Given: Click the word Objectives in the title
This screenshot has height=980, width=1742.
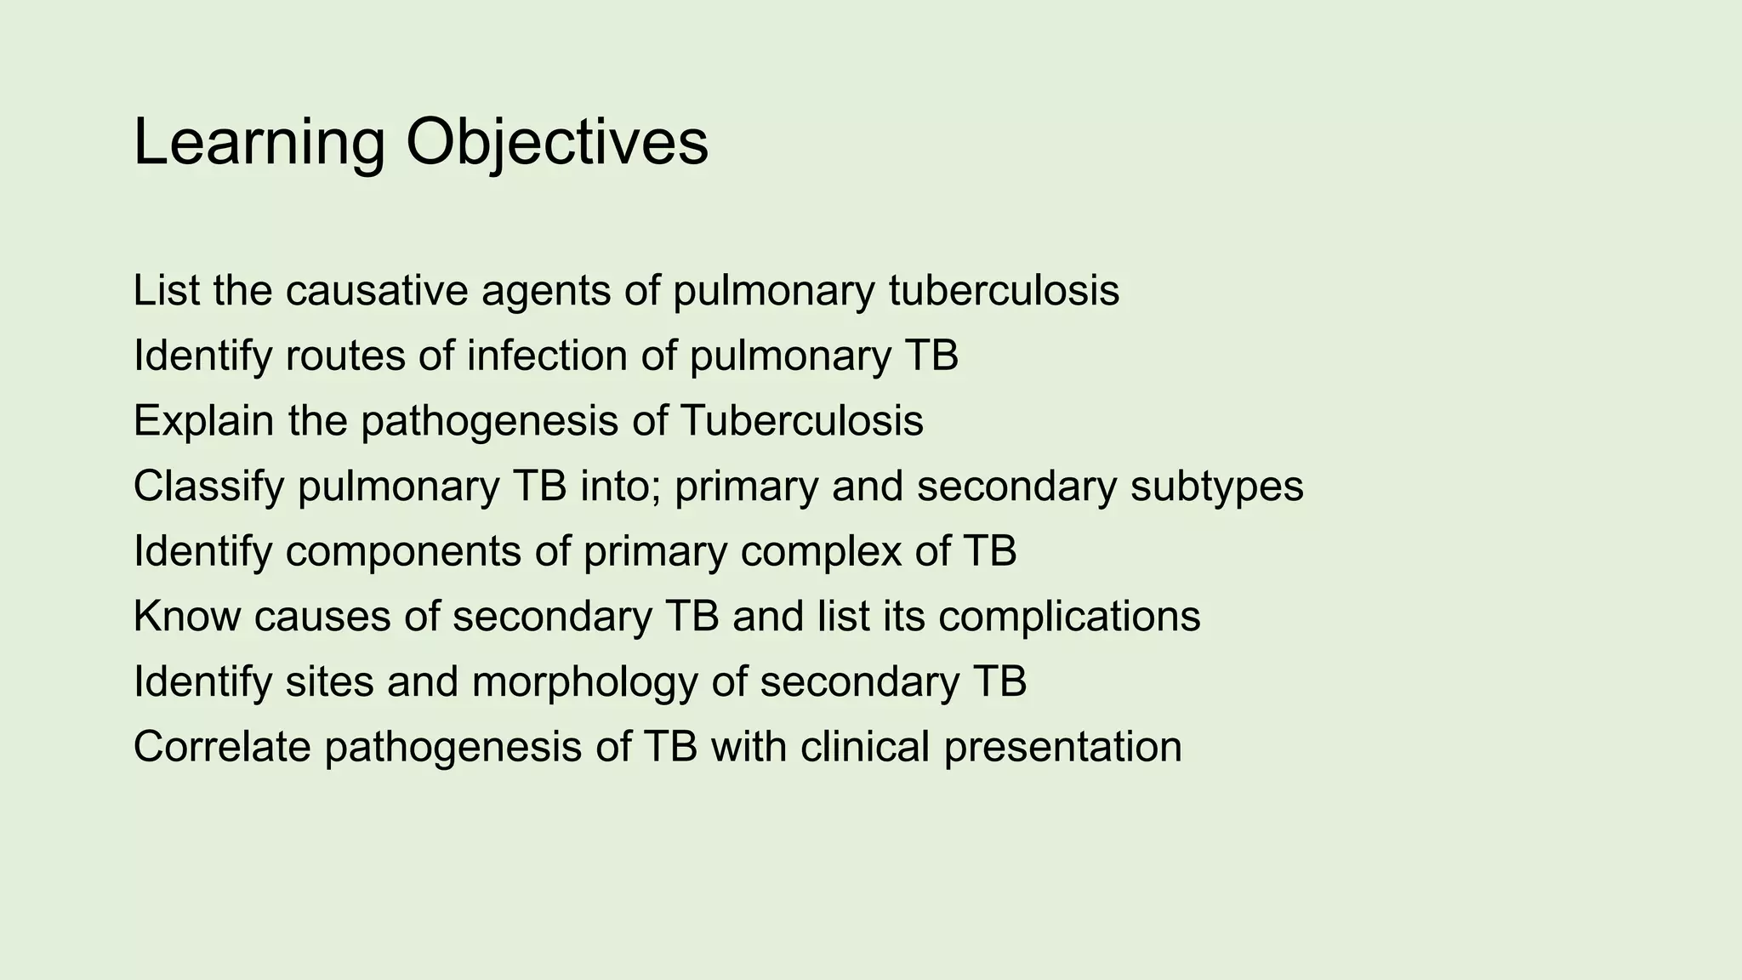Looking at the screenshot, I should pyautogui.click(x=557, y=143).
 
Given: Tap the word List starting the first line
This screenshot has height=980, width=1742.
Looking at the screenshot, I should pyautogui.click(x=166, y=291).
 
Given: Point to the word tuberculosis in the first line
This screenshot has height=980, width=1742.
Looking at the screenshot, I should pyautogui.click(x=1004, y=291).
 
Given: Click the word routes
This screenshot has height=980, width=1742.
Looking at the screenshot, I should pyautogui.click(x=344, y=356).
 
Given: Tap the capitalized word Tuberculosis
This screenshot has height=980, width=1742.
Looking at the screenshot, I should pyautogui.click(x=801, y=421).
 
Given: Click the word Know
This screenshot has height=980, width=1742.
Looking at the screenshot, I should pyautogui.click(x=186, y=616).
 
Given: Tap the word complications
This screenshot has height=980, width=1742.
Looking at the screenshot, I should pyautogui.click(x=1069, y=616).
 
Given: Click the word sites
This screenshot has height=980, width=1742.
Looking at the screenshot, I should pyautogui.click(x=329, y=682).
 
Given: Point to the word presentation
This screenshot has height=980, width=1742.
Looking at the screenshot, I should pyautogui.click(x=1062, y=747).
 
